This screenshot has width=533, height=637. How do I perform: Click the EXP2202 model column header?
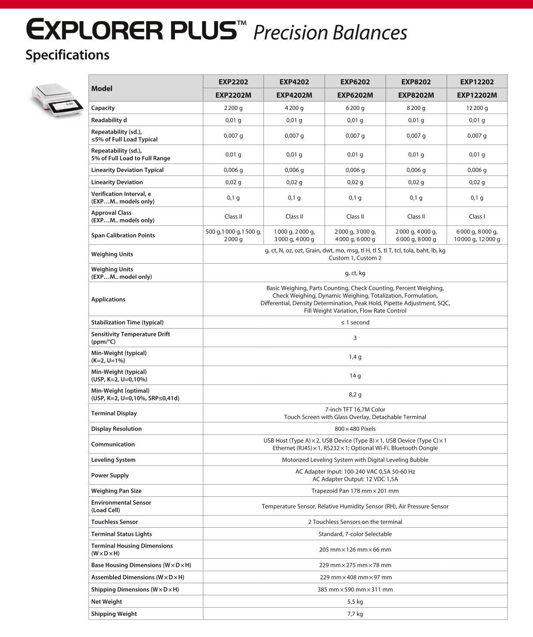pyautogui.click(x=233, y=82)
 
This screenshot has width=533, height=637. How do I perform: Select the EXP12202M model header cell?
pyautogui.click(x=477, y=95)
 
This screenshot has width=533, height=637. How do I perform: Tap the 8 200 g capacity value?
pyautogui.click(x=416, y=108)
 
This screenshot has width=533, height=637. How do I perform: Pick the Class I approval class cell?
pyautogui.click(x=477, y=216)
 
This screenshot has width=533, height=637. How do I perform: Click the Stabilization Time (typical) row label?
pyautogui.click(x=127, y=322)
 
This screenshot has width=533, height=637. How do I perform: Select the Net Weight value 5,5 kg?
pyautogui.click(x=355, y=602)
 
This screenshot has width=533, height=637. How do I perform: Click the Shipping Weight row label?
pyautogui.click(x=114, y=614)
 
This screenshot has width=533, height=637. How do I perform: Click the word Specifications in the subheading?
pyautogui.click(x=67, y=55)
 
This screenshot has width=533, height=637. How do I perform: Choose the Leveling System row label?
pyautogui.click(x=113, y=460)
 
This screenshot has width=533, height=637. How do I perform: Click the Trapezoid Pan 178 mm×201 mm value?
pyautogui.click(x=355, y=491)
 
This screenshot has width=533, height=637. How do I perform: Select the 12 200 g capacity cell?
pyautogui.click(x=477, y=108)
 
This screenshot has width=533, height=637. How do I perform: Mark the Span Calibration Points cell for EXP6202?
pyautogui.click(x=355, y=235)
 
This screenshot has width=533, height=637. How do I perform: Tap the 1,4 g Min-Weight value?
pyautogui.click(x=355, y=357)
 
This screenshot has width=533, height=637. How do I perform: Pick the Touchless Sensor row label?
pyautogui.click(x=114, y=522)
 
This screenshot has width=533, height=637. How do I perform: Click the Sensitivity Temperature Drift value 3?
pyautogui.click(x=355, y=338)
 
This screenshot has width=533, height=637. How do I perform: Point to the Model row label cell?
pyautogui.click(x=102, y=89)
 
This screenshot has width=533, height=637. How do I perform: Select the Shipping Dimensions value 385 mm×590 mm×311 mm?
pyautogui.click(x=355, y=589)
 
